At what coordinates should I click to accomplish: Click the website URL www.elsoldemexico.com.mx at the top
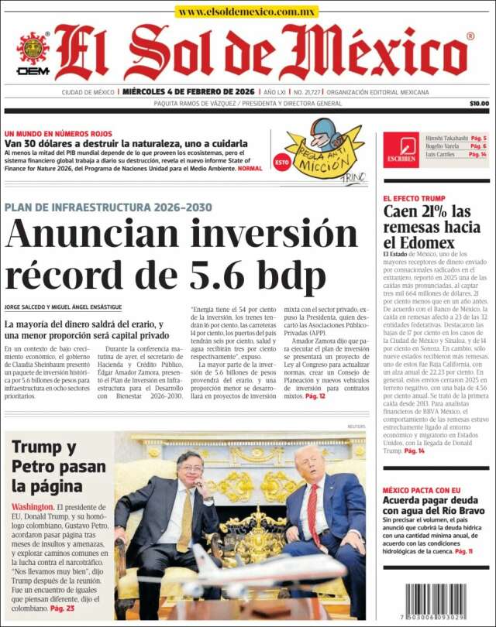(246, 12)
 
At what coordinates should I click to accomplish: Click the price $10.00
(479, 103)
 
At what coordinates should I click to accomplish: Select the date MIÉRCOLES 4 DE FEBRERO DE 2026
(190, 92)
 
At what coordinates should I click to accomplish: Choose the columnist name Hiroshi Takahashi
(445, 138)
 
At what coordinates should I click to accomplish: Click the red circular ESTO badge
(282, 163)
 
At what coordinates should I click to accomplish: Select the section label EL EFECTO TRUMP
(415, 198)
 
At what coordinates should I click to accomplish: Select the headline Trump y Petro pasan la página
(58, 467)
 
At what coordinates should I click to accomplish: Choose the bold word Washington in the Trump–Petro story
(33, 507)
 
